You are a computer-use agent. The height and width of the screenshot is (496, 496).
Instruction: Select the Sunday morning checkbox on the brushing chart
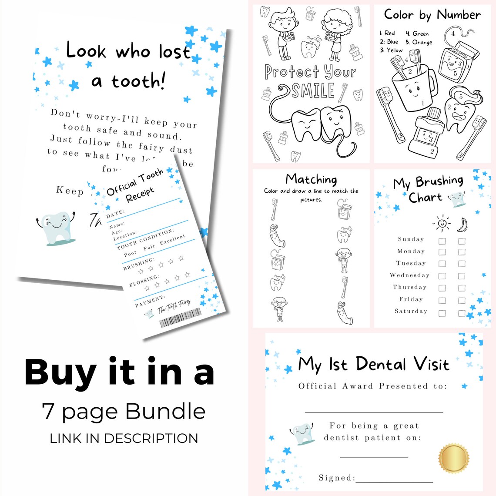[442, 241]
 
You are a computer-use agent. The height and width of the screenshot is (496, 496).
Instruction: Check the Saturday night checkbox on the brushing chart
[462, 313]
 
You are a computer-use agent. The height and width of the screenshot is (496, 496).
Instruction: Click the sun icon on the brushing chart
[442, 223]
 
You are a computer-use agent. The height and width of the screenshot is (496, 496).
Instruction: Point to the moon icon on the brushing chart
[462, 224]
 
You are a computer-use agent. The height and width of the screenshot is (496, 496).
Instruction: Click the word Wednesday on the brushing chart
[409, 275]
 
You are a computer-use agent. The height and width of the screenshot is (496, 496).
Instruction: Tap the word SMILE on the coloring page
[313, 91]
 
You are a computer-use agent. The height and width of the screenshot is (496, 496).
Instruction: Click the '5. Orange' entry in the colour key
[419, 42]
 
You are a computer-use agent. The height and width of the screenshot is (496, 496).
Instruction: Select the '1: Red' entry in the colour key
[387, 33]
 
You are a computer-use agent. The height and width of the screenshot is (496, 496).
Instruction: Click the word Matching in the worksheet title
[311, 179]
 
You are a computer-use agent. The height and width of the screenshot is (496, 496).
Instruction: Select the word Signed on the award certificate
[336, 478]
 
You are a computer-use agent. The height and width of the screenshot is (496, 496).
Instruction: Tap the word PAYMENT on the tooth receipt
[150, 301]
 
